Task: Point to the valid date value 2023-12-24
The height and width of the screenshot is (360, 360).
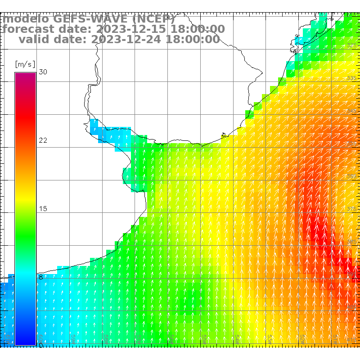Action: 126,39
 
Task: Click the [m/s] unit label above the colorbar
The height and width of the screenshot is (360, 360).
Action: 25,64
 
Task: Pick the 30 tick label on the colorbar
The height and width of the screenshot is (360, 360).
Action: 43,72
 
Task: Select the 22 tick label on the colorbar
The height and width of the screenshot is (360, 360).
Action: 43,140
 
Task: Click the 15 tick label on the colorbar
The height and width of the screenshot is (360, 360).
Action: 43,209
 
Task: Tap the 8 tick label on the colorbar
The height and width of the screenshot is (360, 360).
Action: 41,277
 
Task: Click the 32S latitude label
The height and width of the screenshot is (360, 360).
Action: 352,45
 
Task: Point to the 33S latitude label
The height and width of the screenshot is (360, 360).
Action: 352,78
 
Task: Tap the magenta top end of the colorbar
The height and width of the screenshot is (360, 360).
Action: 25,75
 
